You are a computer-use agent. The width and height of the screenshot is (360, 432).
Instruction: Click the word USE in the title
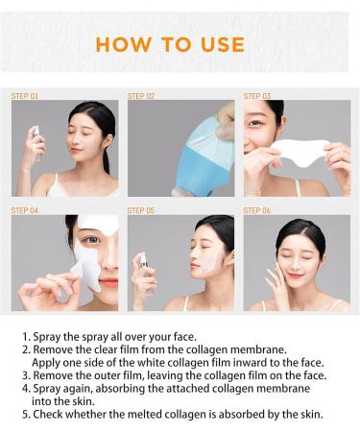click(x=223, y=44)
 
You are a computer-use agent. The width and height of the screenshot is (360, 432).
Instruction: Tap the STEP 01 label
click(x=25, y=96)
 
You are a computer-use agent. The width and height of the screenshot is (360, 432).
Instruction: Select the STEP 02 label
click(x=141, y=96)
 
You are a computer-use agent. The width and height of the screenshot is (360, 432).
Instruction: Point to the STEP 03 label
click(x=257, y=96)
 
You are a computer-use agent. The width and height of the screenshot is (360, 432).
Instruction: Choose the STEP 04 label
click(x=25, y=210)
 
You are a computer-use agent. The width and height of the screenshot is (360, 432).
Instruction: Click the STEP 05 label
click(x=141, y=210)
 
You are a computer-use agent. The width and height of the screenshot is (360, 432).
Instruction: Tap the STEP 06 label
click(x=257, y=210)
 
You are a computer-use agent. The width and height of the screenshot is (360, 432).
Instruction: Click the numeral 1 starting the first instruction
click(x=25, y=339)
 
